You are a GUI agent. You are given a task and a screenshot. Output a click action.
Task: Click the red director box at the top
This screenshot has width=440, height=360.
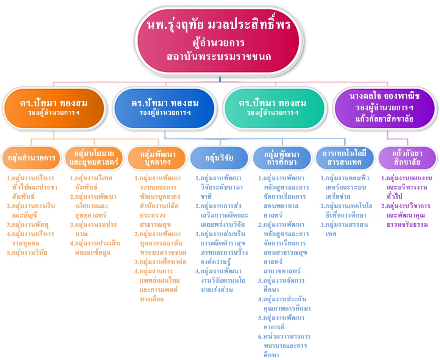point(219,41)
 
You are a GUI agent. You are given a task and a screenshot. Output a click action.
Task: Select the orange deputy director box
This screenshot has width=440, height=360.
point(54,108)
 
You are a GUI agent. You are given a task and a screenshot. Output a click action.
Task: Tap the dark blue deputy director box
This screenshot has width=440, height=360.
point(164,108)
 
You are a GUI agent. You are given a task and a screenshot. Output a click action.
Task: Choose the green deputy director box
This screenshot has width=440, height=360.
point(274,108)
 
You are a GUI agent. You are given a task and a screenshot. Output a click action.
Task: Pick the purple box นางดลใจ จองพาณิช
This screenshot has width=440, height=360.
point(384,108)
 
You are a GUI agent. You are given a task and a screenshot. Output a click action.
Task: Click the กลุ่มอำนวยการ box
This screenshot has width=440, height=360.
point(31,158)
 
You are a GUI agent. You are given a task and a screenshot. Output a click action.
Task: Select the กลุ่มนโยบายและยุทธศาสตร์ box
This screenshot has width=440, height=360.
point(94,158)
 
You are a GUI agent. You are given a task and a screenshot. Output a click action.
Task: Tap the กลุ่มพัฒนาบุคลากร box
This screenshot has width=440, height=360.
point(157,158)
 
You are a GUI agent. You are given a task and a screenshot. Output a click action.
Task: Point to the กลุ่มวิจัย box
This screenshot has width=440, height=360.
point(220,158)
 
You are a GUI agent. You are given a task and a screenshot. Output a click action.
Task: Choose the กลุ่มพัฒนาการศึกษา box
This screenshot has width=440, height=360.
point(282,158)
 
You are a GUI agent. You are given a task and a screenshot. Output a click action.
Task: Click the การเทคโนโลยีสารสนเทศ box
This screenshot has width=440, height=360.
point(345,158)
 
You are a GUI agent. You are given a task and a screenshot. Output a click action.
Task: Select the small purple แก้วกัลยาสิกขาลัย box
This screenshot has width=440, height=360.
point(407,158)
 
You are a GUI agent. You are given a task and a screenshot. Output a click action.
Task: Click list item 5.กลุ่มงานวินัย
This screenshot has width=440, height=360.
point(27,252)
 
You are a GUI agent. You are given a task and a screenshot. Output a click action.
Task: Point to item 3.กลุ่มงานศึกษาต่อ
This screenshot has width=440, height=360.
point(160,262)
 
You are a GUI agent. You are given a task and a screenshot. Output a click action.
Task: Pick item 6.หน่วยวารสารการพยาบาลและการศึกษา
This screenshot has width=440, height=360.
point(284,346)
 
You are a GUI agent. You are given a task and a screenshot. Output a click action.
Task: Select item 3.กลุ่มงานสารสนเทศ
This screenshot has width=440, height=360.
point(344,229)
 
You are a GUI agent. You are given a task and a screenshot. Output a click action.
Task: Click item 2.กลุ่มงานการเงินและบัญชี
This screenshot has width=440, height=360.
point(31,211)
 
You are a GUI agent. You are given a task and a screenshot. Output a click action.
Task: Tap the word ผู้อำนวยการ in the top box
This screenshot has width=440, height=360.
point(219,43)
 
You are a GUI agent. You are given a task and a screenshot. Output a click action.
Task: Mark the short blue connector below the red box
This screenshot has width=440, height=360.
point(220,79)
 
